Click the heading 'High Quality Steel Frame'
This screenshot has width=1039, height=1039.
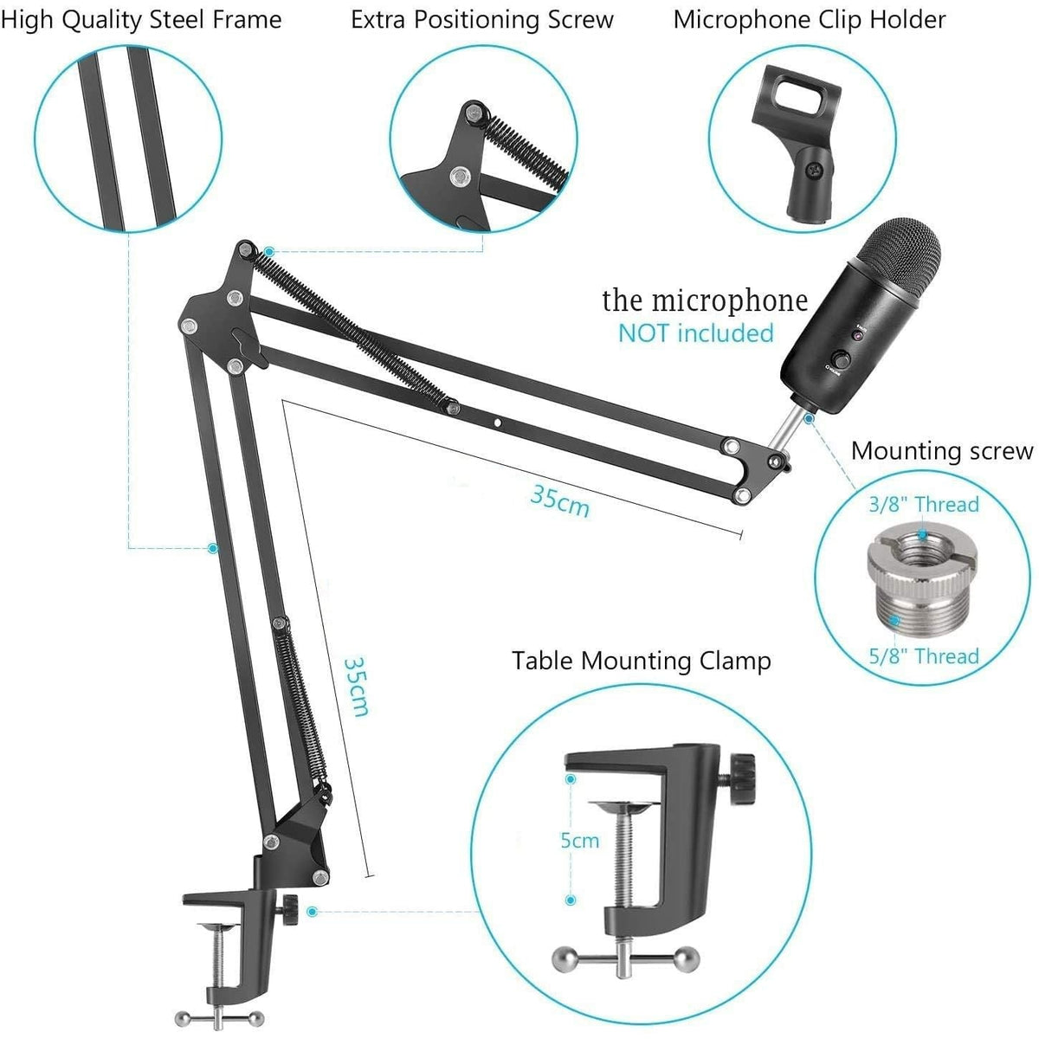click(x=141, y=20)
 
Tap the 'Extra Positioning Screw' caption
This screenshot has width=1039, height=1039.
click(x=482, y=20)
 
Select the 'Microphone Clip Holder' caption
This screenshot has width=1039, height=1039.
click(x=809, y=20)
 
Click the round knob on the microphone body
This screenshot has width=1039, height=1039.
click(x=841, y=360)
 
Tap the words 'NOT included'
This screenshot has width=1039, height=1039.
click(x=695, y=333)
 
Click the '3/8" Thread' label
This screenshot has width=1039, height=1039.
click(x=923, y=505)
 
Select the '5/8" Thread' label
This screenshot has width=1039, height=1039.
click(x=923, y=656)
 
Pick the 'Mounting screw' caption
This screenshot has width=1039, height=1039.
click(x=941, y=451)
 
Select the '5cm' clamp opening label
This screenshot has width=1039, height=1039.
click(x=579, y=840)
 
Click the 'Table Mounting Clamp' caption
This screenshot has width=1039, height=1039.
click(x=641, y=661)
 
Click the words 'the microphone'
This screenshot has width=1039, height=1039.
click(x=705, y=300)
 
